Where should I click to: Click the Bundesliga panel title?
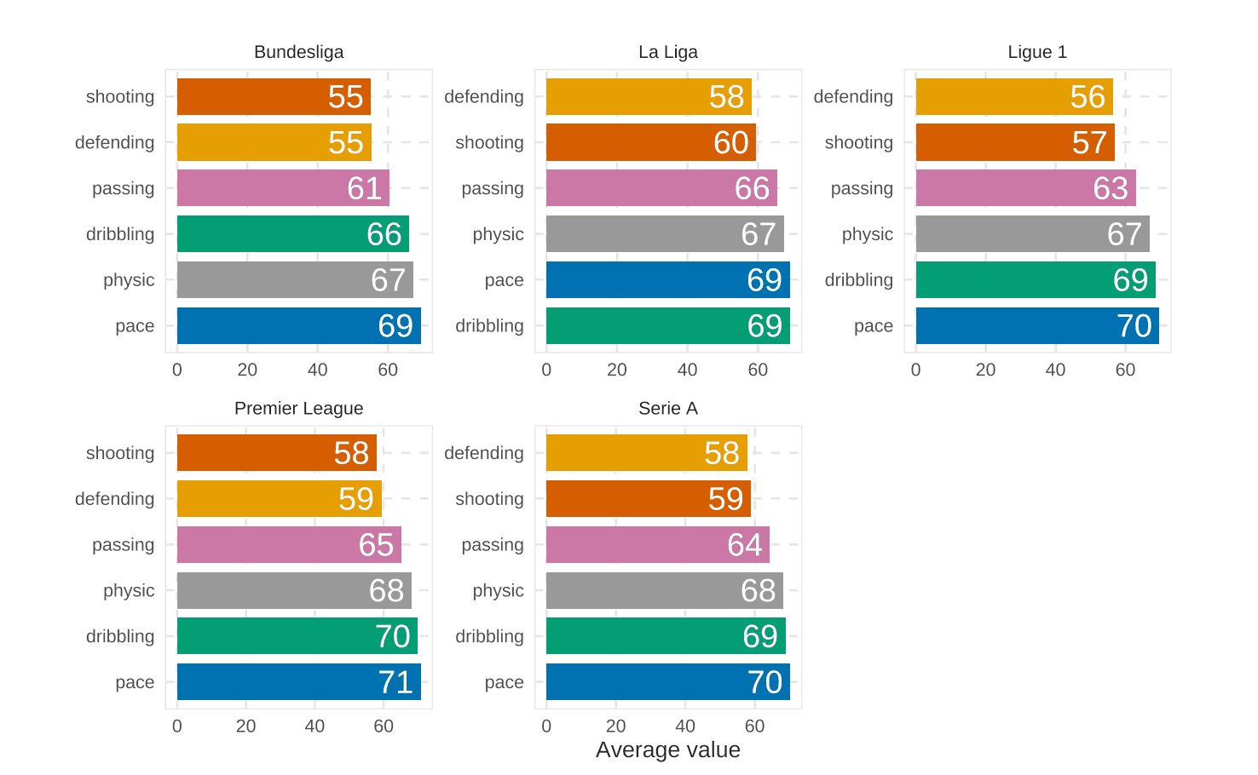point(298,52)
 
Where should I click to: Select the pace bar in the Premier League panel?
point(298,682)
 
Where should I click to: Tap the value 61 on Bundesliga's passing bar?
point(364,188)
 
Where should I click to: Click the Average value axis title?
point(667,750)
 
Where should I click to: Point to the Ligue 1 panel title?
point(1036,52)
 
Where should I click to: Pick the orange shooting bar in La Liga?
point(650,142)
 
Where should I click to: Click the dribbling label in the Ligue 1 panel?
point(858,280)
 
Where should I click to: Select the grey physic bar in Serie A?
point(664,591)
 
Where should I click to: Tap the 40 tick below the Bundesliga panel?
point(317,370)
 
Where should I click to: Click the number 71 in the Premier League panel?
point(395,682)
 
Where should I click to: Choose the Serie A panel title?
point(667,409)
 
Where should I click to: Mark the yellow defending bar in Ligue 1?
point(1013,97)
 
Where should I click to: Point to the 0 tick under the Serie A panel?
point(546,726)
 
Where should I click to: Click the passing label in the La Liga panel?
point(492,188)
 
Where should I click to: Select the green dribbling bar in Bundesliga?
point(292,234)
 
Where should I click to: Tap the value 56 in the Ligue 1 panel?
point(1087,97)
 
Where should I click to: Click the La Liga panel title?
point(667,52)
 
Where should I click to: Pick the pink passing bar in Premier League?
point(289,545)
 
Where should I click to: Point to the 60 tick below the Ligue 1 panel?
point(1125,370)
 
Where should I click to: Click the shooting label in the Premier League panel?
point(119,453)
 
